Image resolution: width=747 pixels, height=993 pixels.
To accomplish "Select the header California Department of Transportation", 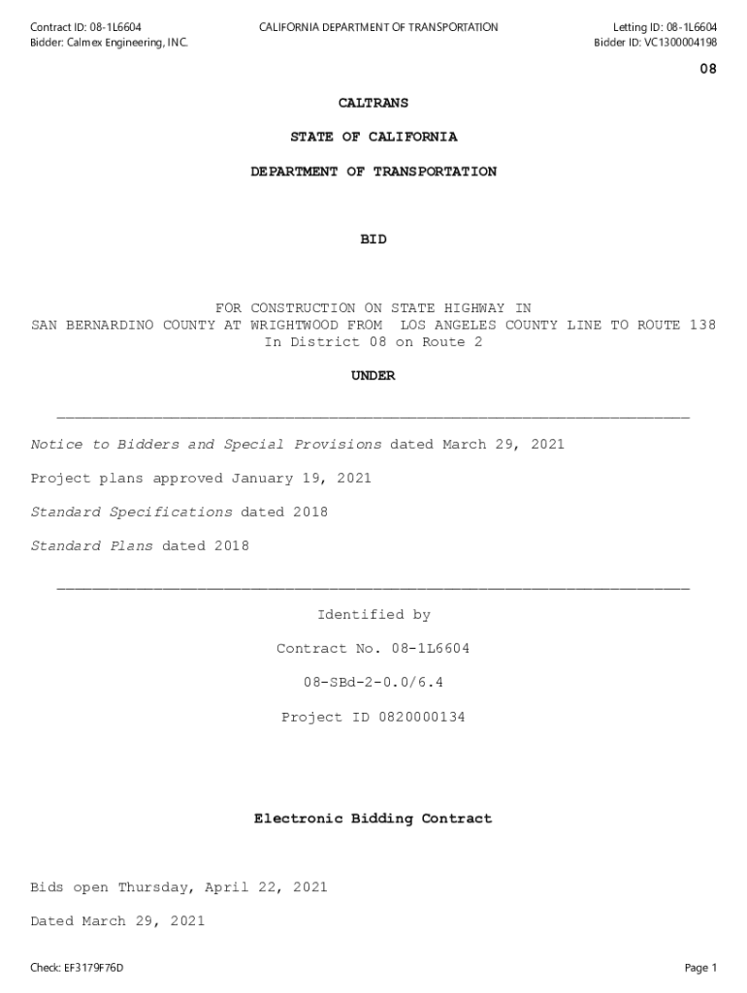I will [378, 27].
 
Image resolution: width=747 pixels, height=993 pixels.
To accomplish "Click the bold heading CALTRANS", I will [373, 103].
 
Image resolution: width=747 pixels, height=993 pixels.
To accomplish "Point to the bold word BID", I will [373, 240].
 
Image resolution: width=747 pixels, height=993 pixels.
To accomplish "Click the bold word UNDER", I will [373, 376].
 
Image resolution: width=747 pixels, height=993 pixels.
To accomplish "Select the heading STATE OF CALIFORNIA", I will [373, 137].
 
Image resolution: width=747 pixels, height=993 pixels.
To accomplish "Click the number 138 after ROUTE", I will [702, 325].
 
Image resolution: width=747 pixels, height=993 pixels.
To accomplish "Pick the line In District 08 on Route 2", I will [373, 342].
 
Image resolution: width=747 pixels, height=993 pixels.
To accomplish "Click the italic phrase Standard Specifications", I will [132, 512].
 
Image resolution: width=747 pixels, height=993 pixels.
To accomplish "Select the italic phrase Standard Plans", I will [92, 546].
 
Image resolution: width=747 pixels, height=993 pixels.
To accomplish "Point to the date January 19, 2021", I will [301, 478].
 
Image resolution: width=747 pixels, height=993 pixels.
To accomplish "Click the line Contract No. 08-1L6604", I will [373, 649].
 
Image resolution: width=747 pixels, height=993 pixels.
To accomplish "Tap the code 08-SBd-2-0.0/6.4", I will [373, 683].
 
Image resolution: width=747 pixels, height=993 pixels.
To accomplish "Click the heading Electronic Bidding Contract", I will [373, 819].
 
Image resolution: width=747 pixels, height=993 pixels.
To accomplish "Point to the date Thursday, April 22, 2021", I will [223, 887].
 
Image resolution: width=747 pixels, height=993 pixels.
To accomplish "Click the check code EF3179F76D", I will [94, 968].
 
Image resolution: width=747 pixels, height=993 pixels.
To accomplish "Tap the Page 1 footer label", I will [700, 968].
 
